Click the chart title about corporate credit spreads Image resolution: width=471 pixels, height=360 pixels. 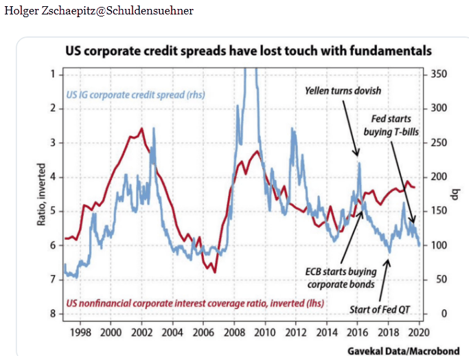click(x=248, y=52)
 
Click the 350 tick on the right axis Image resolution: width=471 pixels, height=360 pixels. click(x=439, y=74)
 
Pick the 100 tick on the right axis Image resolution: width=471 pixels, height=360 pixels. click(x=439, y=245)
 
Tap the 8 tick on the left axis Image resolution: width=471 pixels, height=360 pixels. click(x=52, y=314)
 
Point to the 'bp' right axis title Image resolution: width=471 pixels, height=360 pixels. click(x=454, y=193)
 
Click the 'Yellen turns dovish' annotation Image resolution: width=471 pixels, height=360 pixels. click(x=343, y=91)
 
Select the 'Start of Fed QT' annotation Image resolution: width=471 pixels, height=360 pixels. click(x=378, y=309)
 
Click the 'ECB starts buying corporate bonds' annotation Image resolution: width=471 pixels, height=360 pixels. click(x=341, y=278)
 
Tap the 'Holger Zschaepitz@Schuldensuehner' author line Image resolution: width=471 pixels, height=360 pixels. click(x=99, y=11)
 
